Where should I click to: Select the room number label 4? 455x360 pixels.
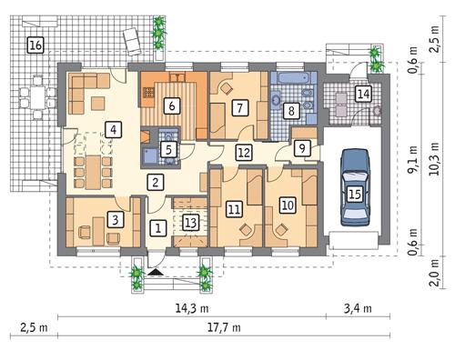(112, 130)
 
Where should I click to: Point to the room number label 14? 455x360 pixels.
(363, 94)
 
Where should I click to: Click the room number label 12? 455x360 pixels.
(243, 153)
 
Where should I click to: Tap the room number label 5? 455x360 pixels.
(168, 148)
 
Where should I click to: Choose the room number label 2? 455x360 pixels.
(157, 183)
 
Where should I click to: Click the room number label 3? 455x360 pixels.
(115, 219)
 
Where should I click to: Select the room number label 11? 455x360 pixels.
(234, 210)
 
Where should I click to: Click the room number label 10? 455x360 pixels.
(288, 205)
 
